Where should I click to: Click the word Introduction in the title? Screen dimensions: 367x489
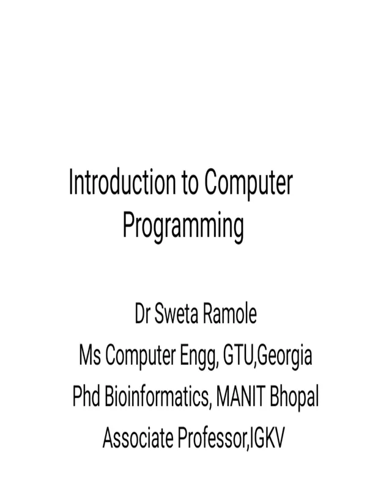coord(122,182)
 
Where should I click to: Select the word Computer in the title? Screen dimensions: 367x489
coord(249,185)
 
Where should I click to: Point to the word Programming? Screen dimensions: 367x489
coord(183,227)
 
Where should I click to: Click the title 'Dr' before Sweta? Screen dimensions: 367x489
coord(143,314)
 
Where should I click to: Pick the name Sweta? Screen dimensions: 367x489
coord(176,314)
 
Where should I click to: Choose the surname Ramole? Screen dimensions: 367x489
coord(230,314)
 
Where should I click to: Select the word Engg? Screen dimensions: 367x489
coord(198,358)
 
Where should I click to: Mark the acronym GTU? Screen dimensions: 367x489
coord(238,356)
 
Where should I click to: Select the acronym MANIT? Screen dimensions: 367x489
coord(240,396)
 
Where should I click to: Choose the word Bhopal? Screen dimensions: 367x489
coord(294,399)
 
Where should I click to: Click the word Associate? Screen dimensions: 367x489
coord(138,438)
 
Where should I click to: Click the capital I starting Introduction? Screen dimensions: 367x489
coord(71,182)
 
